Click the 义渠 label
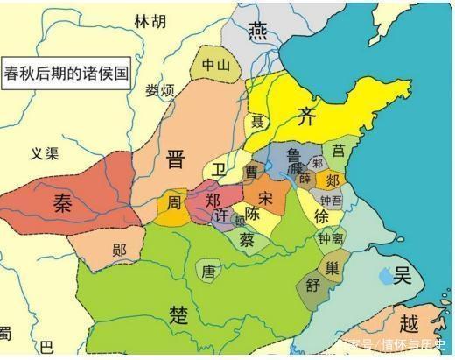pyautogui.click(x=44, y=154)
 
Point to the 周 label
pyautogui.click(x=175, y=203)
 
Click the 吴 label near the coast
pyautogui.click(x=401, y=277)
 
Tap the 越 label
pyautogui.click(x=408, y=321)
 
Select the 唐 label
pyautogui.click(x=208, y=272)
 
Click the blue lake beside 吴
pyautogui.click(x=381, y=279)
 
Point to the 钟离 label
pyautogui.click(x=331, y=237)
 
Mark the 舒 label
pyautogui.click(x=312, y=284)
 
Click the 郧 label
pyautogui.click(x=120, y=250)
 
